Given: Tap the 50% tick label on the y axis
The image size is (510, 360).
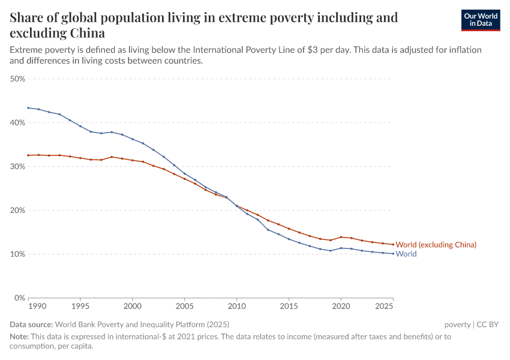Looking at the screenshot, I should coord(17,79).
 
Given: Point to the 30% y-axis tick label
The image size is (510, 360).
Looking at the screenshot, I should coord(17,166).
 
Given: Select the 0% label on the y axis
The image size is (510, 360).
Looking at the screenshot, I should coord(19,298).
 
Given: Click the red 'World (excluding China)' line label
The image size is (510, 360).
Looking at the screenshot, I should coord(436,245).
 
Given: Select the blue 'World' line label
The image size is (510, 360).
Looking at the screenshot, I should coord(406,254).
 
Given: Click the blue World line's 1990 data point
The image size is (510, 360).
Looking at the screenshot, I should coord(28,108).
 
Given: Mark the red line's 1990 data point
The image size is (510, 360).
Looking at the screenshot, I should coord(28,155).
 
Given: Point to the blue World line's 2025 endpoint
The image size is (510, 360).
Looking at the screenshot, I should coord(393,254).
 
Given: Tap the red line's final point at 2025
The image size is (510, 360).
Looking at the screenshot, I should coord(393,244).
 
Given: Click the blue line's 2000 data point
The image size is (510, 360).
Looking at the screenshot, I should coord(133,139).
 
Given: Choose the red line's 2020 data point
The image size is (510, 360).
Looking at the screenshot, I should coord(341,237).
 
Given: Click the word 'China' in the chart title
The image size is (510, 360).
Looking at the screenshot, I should coord(86,32).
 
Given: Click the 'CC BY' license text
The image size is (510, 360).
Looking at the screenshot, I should coord(487,325).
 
